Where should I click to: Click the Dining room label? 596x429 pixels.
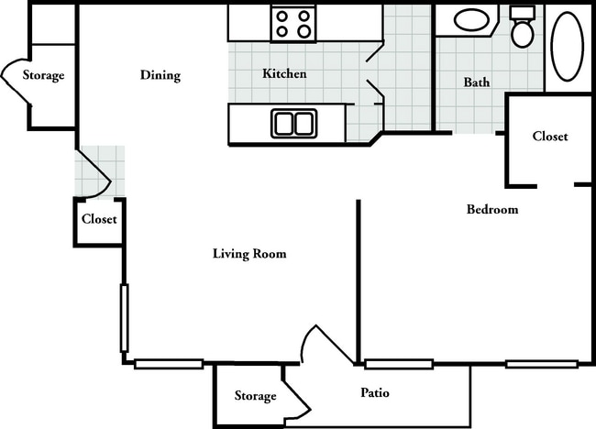pyautogui.click(x=160, y=75)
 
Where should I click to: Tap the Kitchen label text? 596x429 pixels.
pyautogui.click(x=284, y=73)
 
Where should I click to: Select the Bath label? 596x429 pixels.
pyautogui.click(x=477, y=82)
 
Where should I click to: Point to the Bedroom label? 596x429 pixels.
pyautogui.click(x=492, y=209)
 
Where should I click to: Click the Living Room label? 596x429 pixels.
pyautogui.click(x=249, y=253)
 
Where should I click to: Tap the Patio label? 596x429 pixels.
pyautogui.click(x=375, y=392)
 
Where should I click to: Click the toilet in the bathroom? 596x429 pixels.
pyautogui.click(x=523, y=27)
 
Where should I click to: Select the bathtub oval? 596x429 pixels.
pyautogui.click(x=567, y=47)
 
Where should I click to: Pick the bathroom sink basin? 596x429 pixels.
pyautogui.click(x=471, y=20)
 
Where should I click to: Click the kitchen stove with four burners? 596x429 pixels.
pyautogui.click(x=293, y=24)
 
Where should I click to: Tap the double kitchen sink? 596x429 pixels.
pyautogui.click(x=293, y=124)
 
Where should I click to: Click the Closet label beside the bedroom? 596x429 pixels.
pyautogui.click(x=550, y=137)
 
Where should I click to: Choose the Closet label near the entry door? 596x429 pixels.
pyautogui.click(x=99, y=219)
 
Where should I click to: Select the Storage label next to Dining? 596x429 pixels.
pyautogui.click(x=43, y=75)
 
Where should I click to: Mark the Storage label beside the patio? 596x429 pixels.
pyautogui.click(x=255, y=396)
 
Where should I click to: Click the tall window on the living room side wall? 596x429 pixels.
pyautogui.click(x=125, y=318)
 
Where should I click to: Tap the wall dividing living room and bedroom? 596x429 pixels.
pyautogui.click(x=358, y=282)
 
